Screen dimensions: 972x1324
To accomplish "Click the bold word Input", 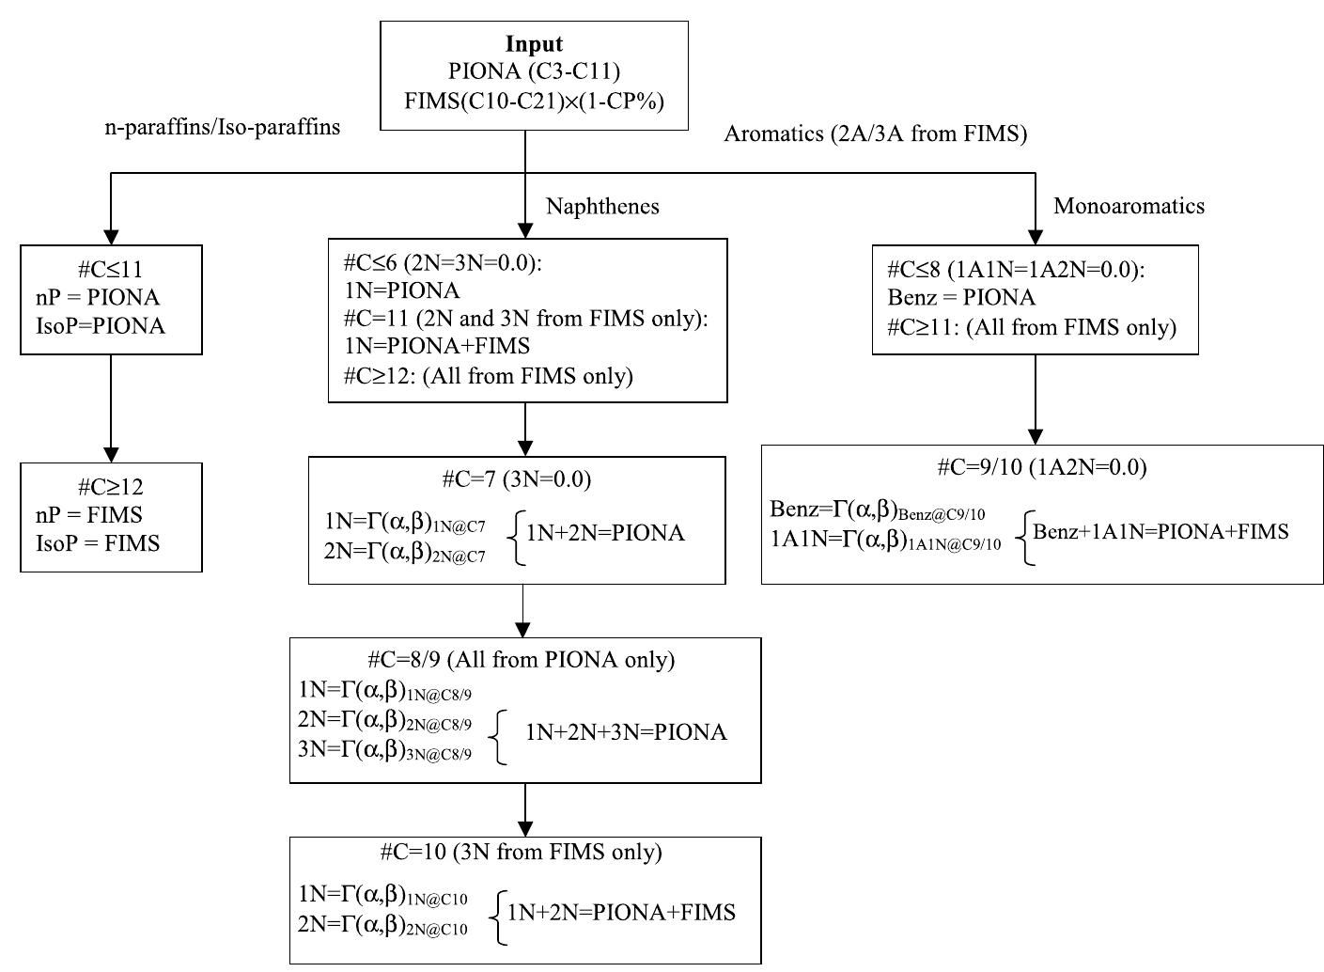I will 534,44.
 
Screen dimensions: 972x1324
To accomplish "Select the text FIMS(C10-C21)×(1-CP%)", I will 534,100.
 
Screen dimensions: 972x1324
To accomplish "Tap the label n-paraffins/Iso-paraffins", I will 222,127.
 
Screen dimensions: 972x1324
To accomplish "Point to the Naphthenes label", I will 602,206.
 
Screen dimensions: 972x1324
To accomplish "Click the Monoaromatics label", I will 1129,205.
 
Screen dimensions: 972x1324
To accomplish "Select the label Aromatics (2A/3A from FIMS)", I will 875,133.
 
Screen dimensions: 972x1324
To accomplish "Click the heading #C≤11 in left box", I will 111,270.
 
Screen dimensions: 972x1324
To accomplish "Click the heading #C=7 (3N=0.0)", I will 517,479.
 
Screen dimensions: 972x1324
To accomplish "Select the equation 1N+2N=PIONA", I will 605,534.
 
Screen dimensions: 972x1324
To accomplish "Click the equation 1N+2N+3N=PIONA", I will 626,732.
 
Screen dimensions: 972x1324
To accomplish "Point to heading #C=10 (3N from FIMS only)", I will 521,852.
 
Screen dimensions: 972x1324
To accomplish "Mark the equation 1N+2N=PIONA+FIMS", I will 621,912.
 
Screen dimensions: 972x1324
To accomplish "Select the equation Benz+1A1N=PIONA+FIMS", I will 1160,531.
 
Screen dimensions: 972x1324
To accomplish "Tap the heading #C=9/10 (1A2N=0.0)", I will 1041,467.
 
